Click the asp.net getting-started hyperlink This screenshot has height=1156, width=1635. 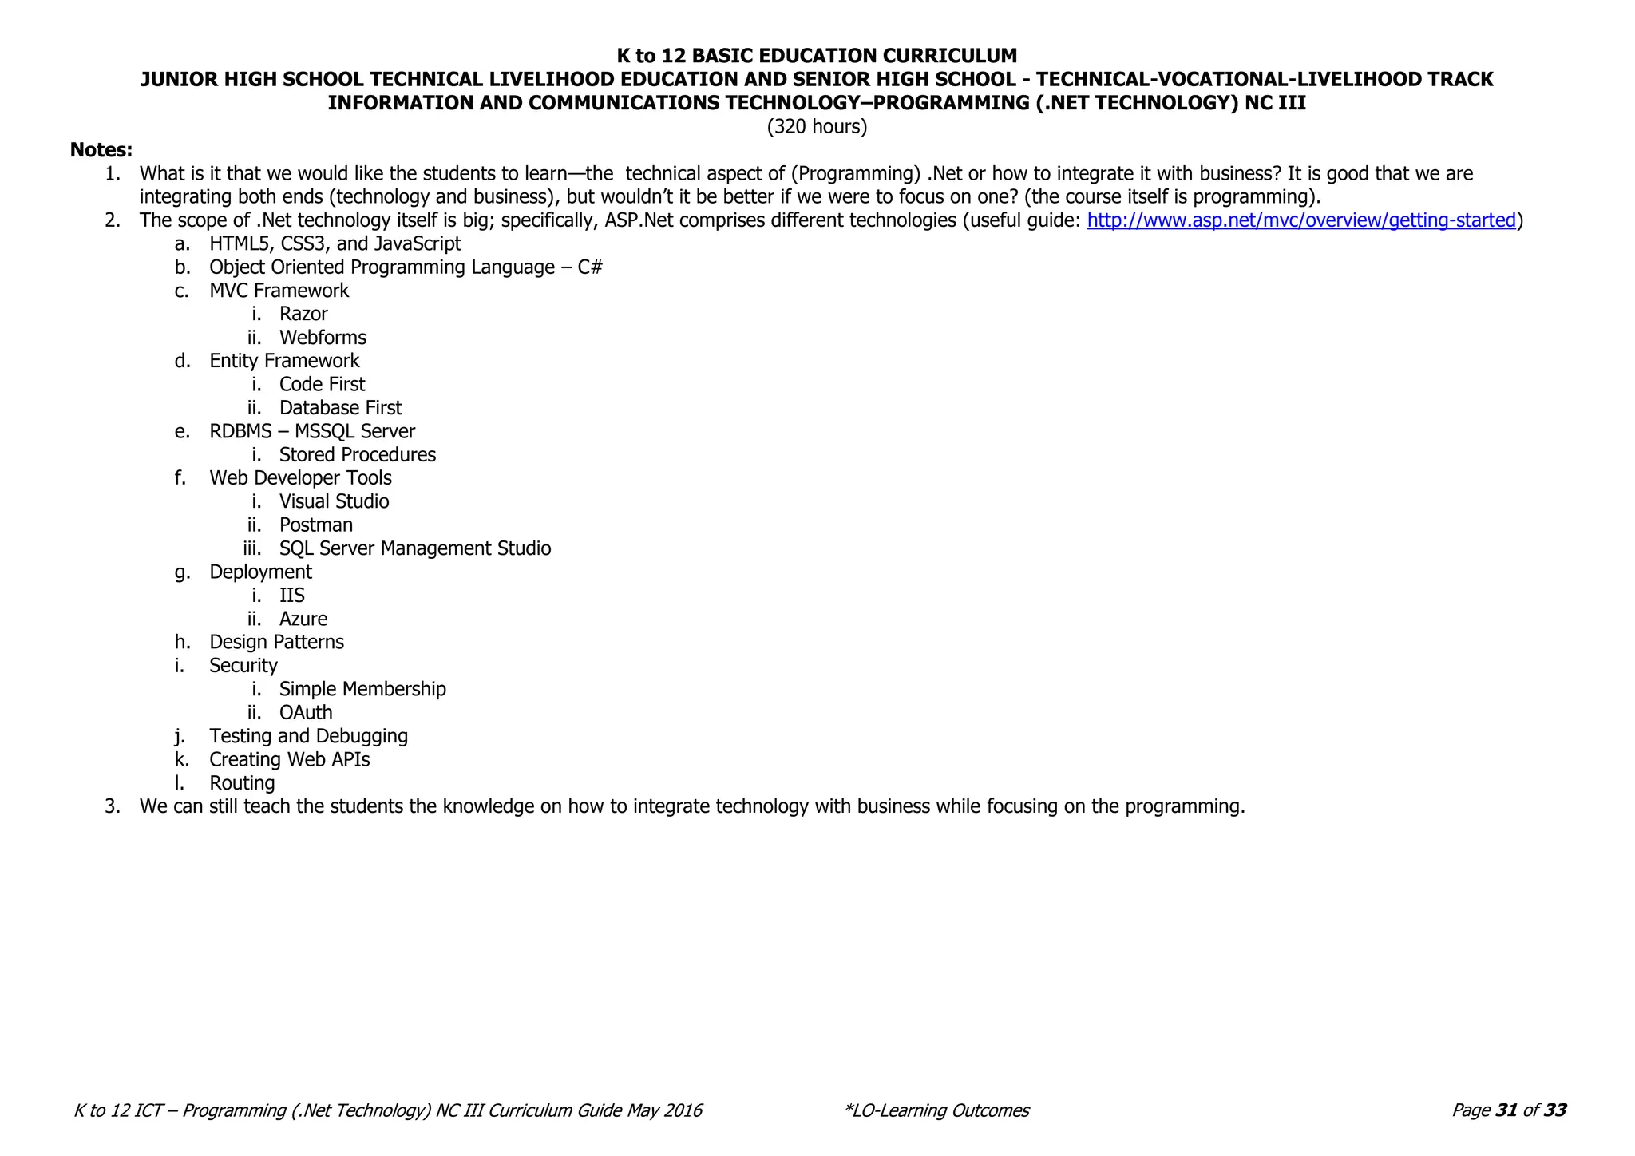1300,220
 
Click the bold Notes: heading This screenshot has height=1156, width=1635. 101,150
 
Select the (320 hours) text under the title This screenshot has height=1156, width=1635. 817,127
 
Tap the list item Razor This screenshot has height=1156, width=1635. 303,314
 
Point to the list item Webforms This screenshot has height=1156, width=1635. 323,338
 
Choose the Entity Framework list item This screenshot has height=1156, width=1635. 284,361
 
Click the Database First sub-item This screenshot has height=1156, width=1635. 340,408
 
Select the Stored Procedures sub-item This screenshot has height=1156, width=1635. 357,455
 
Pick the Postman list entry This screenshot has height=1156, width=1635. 315,525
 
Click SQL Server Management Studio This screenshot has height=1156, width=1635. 414,548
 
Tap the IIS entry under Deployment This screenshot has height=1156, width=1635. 291,596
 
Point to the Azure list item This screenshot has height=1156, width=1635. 303,619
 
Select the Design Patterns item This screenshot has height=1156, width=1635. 276,642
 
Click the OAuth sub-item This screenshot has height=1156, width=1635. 306,712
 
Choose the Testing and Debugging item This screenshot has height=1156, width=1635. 308,736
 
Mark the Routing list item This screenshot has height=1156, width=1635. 242,783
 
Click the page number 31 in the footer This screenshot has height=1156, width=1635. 1506,1110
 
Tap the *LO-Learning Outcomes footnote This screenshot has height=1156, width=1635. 936,1110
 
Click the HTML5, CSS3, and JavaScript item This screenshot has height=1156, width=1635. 335,243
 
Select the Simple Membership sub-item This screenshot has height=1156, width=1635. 362,689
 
